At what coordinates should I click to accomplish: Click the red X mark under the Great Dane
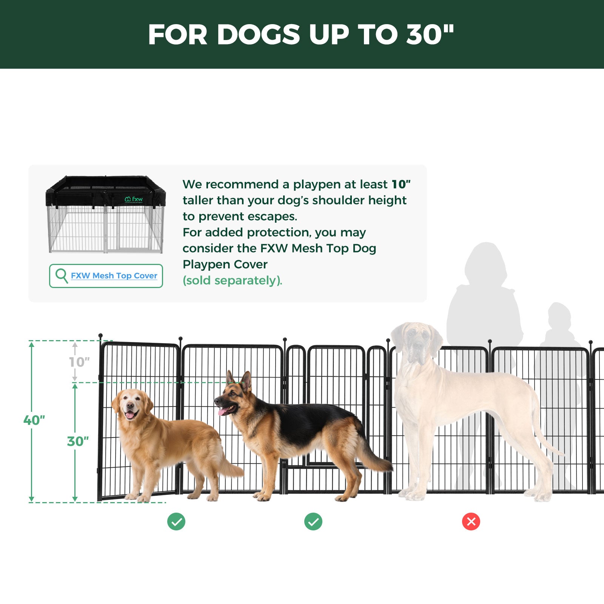click(471, 521)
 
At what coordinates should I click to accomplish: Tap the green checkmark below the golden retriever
click(176, 521)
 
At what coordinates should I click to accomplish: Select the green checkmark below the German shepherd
click(313, 521)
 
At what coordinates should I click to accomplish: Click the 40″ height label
click(34, 420)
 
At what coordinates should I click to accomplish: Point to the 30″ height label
click(78, 441)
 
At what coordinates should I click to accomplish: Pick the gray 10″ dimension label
click(79, 362)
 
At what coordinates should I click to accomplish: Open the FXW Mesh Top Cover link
click(114, 276)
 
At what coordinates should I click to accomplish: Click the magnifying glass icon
click(61, 275)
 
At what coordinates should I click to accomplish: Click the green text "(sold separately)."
click(232, 280)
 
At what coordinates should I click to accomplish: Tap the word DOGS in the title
click(258, 35)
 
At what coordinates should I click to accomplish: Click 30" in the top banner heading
click(430, 35)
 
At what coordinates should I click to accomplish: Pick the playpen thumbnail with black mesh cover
click(106, 214)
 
